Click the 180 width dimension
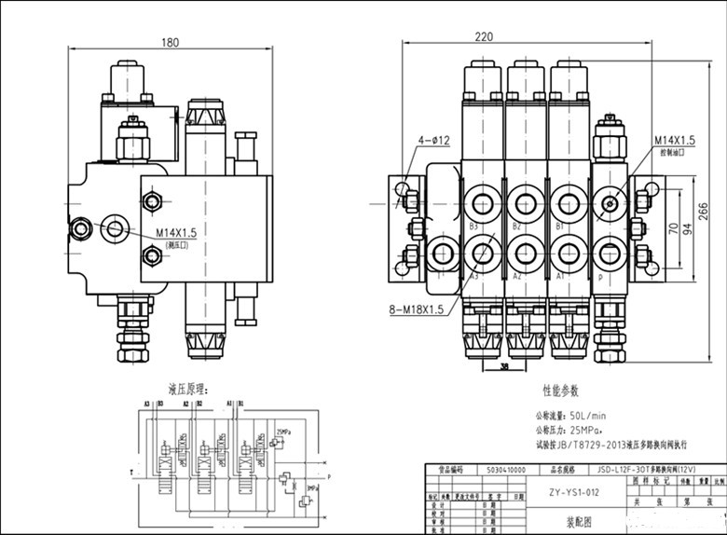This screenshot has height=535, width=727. coord(170,42)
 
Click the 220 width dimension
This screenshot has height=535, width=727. coord(483,37)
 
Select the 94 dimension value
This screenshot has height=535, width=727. coord(690,230)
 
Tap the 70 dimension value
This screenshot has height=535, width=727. coord(672,228)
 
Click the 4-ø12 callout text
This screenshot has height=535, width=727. coord(433,140)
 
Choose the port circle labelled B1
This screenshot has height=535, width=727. coord(568,203)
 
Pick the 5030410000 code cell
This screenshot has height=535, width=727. coord(494,471)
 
